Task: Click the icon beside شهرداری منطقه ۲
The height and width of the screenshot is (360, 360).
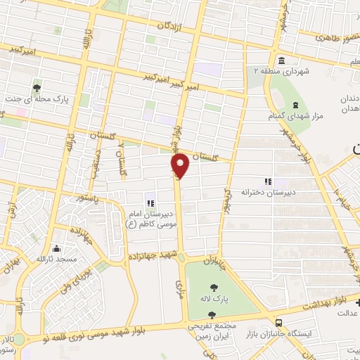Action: [x=281, y=60]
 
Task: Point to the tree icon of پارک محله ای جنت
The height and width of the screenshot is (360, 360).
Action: [x=37, y=88]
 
